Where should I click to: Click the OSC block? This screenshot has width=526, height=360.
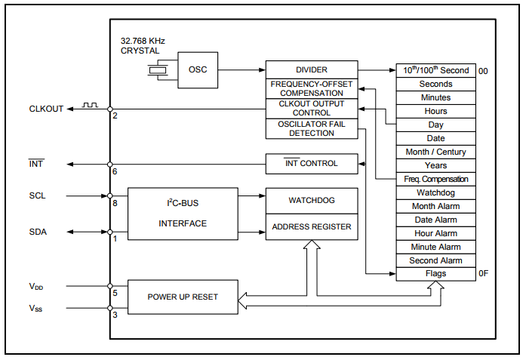(198, 70)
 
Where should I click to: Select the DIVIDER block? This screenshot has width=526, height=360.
(312, 69)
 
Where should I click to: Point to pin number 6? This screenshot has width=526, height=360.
(115, 171)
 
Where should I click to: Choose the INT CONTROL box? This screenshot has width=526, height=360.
(311, 163)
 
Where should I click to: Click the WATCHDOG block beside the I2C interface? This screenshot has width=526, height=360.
(311, 201)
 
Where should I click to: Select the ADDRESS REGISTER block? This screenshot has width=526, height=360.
(311, 226)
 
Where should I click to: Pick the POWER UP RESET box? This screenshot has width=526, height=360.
(183, 297)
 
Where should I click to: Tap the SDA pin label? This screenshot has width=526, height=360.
(38, 232)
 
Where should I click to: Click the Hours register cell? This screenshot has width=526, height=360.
(435, 111)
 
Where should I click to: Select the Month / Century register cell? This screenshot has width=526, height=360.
(435, 152)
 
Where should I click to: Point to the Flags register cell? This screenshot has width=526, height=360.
(435, 274)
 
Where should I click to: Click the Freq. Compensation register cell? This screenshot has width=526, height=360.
(435, 179)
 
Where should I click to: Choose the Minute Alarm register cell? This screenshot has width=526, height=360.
(435, 247)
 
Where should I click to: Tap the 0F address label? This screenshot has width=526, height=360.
(484, 274)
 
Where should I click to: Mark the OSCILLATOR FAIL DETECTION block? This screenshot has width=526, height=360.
(311, 128)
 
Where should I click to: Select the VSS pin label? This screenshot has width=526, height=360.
(36, 308)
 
